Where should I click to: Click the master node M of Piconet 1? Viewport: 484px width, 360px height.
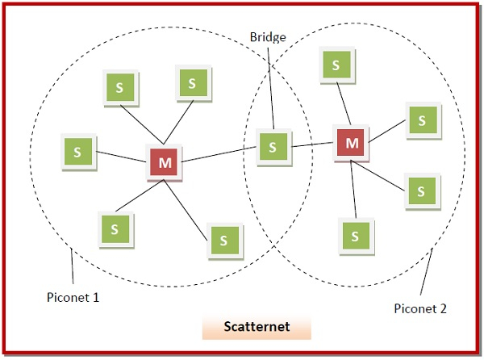(165, 162)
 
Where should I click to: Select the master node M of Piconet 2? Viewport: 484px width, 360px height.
(352, 143)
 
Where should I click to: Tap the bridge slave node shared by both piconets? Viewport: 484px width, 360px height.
(273, 147)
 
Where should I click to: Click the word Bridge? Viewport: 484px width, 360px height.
(269, 37)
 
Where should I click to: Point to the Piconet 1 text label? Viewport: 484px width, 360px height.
(73, 296)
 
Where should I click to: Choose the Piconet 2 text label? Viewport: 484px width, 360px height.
(419, 308)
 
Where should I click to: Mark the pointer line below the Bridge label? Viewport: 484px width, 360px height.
(271, 89)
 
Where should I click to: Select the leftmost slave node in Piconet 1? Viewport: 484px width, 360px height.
(77, 151)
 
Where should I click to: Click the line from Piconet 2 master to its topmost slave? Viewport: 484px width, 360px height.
(343, 106)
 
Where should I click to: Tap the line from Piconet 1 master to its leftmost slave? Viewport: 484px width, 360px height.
(121, 156)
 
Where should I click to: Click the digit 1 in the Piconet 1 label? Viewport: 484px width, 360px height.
(96, 296)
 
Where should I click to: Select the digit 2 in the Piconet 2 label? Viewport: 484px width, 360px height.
(443, 308)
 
